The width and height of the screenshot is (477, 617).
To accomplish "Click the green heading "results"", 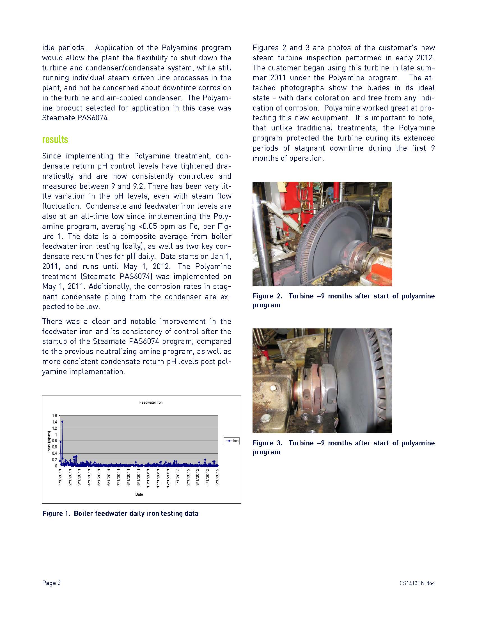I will pos(55,140).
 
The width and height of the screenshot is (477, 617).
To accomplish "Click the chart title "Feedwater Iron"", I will pos(151,402).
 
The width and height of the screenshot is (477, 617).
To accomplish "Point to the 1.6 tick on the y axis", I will pos(54,416).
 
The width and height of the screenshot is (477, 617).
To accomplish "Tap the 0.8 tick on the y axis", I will pos(54,441).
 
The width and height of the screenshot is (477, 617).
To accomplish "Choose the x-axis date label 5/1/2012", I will pos(217,477).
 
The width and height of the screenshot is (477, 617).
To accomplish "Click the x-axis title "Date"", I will pos(139,494).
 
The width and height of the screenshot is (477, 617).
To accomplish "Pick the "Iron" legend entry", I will pos(232,441).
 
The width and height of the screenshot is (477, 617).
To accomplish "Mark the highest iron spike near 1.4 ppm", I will pos(62,422).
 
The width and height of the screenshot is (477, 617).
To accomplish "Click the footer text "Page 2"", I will pos(51,583).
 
